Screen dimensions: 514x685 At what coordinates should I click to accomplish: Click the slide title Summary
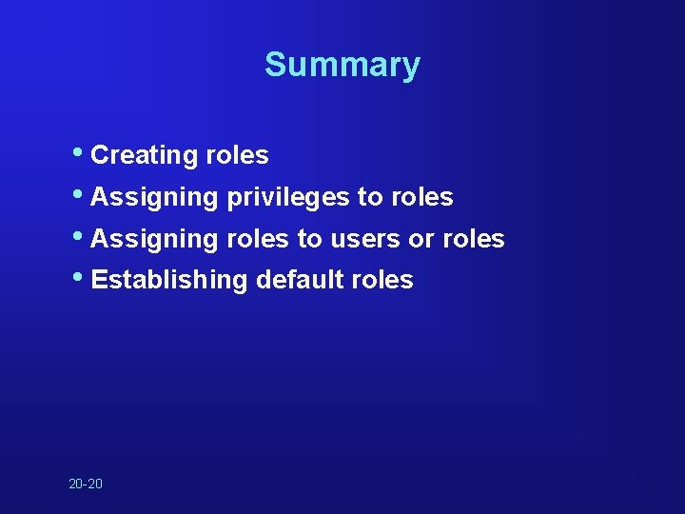coord(342,65)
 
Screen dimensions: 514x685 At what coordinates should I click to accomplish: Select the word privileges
coord(287,198)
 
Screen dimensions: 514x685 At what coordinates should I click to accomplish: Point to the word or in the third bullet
coord(421,240)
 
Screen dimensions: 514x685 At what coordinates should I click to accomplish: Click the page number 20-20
coord(86,484)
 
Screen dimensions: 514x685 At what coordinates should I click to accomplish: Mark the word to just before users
coord(309,240)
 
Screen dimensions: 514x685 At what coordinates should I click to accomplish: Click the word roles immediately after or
coord(473,240)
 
